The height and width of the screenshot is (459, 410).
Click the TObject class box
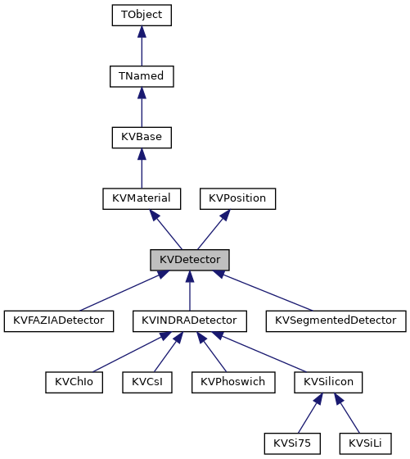(142, 15)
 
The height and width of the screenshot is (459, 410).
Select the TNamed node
(142, 75)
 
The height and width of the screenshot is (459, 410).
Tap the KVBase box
(142, 137)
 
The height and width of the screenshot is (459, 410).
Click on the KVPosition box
(238, 198)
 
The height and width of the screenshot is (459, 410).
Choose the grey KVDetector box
(190, 260)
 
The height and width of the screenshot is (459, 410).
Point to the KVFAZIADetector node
(58, 320)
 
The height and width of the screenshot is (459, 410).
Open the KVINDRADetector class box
(190, 320)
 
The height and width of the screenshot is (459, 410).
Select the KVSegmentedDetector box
(336, 320)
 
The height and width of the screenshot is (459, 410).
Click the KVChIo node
(74, 382)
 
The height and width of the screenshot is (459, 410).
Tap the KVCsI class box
(146, 382)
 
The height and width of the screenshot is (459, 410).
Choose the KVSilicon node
(328, 382)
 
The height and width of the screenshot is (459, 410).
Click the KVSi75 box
(292, 443)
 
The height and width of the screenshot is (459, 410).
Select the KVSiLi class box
(364, 443)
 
